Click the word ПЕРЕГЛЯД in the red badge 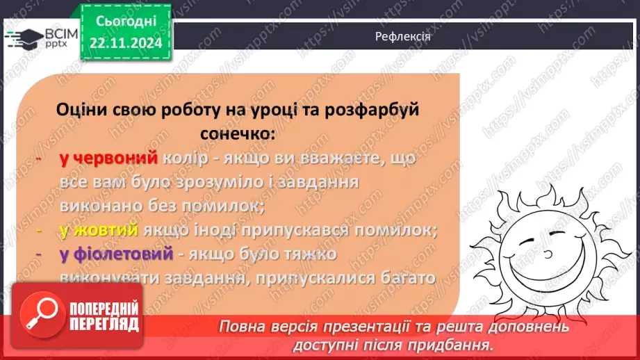point(104,325)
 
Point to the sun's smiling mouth point(549,267)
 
